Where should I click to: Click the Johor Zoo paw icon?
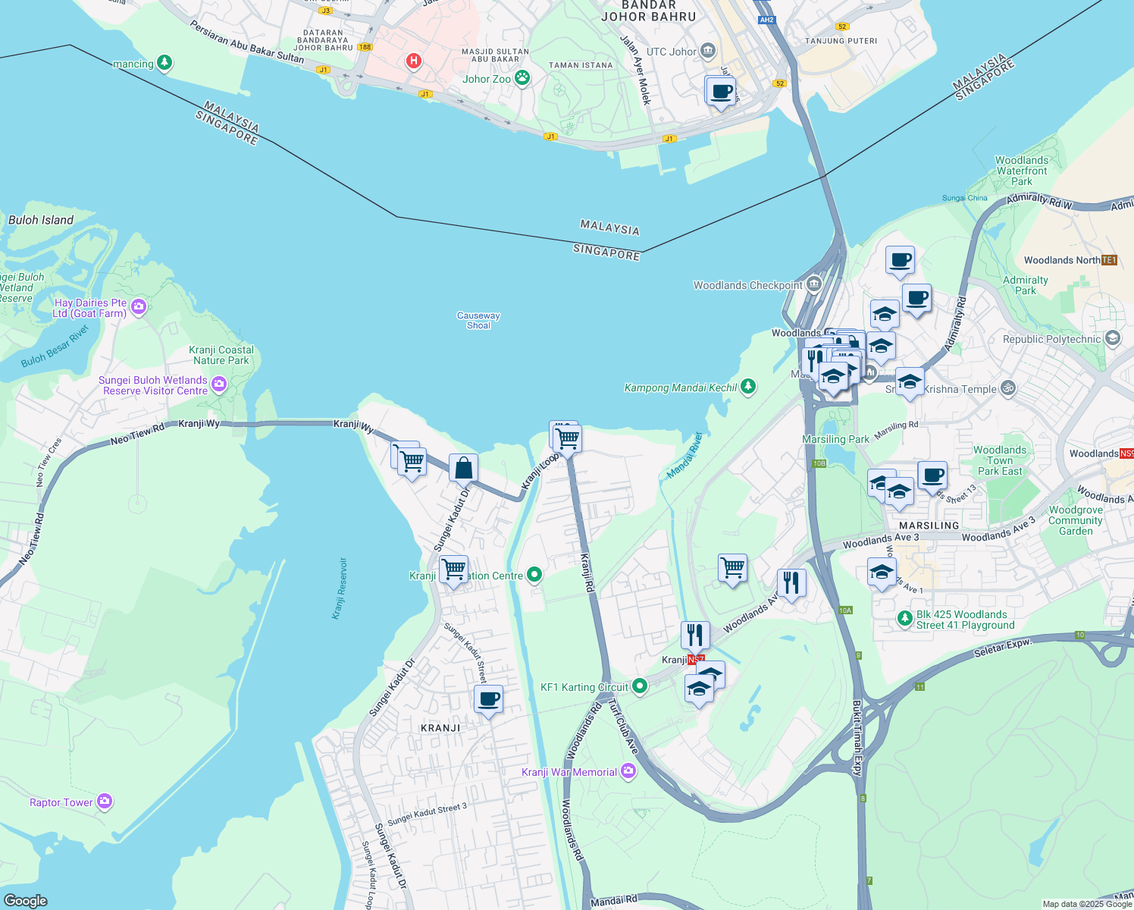pos(522,77)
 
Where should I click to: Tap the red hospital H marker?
pos(413,61)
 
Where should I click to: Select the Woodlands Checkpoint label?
pos(747,285)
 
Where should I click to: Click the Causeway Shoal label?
pos(478,321)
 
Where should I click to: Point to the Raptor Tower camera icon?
pos(105,801)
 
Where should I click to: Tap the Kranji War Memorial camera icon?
pos(628,771)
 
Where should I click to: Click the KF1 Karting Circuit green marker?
pos(640,686)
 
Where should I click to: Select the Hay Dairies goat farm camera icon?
pos(138,306)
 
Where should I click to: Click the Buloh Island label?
pos(41,220)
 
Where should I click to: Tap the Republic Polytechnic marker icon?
pos(1113,338)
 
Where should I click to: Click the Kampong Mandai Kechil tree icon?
pos(748,387)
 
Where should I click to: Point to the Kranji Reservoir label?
pos(340,588)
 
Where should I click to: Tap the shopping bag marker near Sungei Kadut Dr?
pos(463,469)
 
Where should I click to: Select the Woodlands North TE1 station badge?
pos(1109,260)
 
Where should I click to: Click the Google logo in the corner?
pos(25,900)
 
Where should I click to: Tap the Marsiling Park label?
pos(835,439)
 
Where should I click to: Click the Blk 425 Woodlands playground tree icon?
pos(904,619)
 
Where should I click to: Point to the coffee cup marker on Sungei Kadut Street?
pos(488,698)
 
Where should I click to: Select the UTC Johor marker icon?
pos(708,52)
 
